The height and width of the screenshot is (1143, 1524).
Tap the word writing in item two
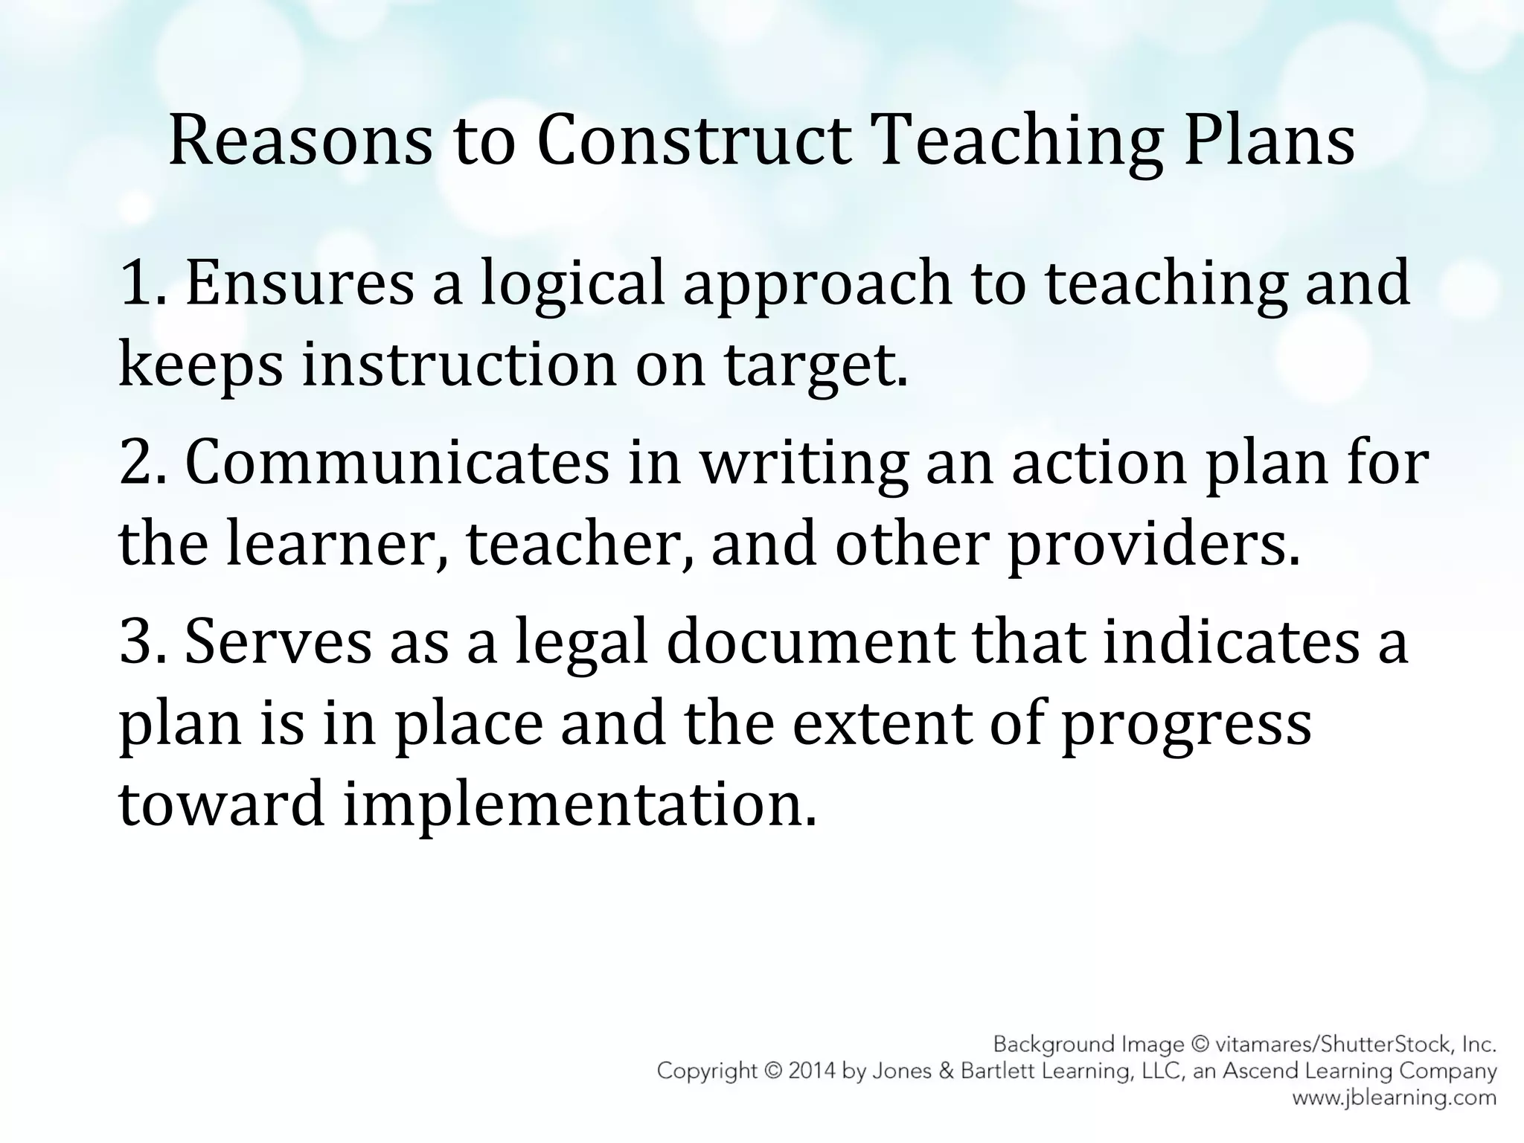(x=804, y=463)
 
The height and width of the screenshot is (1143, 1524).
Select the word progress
(x=1185, y=723)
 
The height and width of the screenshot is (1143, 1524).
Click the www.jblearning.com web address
(x=1394, y=1098)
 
